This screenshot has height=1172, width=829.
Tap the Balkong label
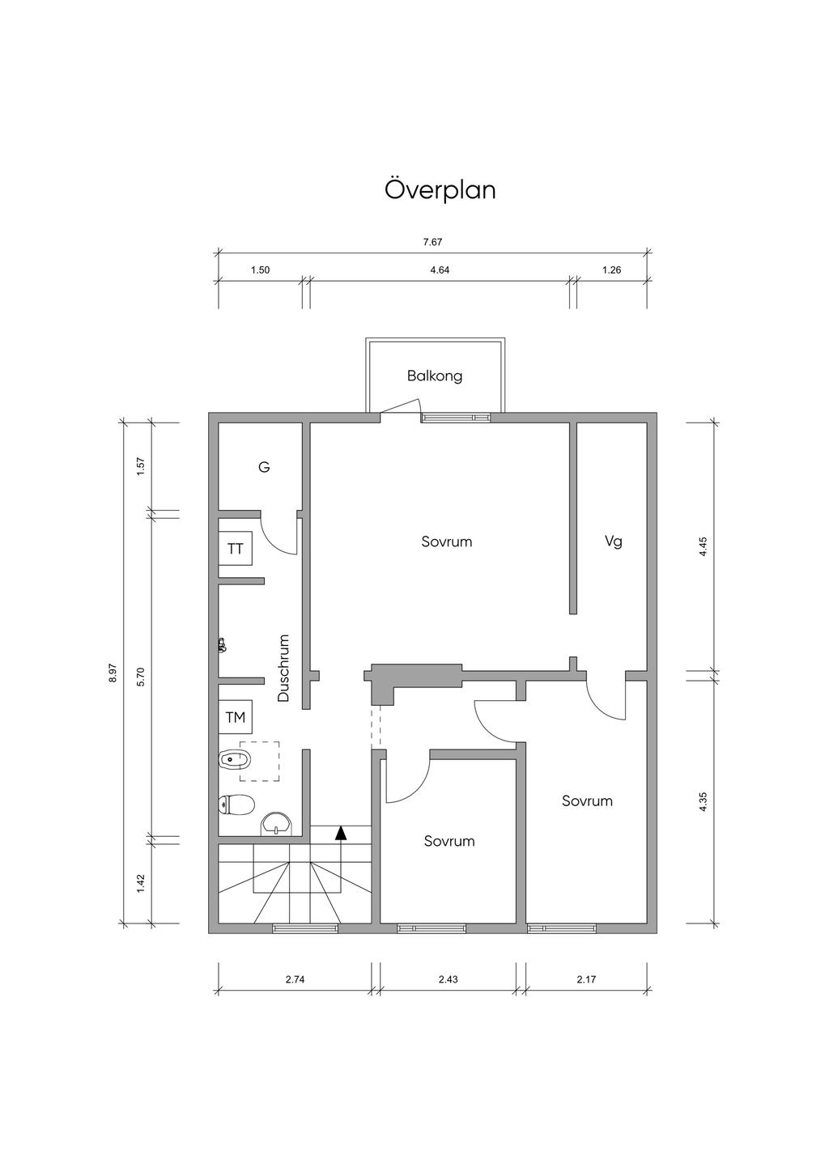coord(435,376)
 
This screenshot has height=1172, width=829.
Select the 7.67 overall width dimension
coord(432,241)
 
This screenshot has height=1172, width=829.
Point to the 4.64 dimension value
coord(440,270)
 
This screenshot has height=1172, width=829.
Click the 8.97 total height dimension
coord(113,673)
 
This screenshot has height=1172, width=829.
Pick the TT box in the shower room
coord(236,550)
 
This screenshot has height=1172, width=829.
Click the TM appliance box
coord(236,717)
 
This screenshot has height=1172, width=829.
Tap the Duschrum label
coord(283,668)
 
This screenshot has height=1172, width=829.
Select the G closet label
coord(264,467)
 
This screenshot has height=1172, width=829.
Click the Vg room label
coord(614,541)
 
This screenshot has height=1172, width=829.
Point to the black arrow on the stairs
coord(342,832)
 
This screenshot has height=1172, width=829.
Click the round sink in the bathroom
coord(277,824)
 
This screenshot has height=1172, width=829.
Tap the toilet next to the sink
coord(236,805)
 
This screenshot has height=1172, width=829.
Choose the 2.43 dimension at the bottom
coord(448,979)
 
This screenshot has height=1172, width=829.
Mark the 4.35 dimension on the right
coord(703,801)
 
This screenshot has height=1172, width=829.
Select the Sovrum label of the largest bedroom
coord(446,541)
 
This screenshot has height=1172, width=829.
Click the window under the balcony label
coord(456,418)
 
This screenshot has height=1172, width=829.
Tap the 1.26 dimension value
coord(611,270)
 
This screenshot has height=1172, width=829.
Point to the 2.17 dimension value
coord(586,979)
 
